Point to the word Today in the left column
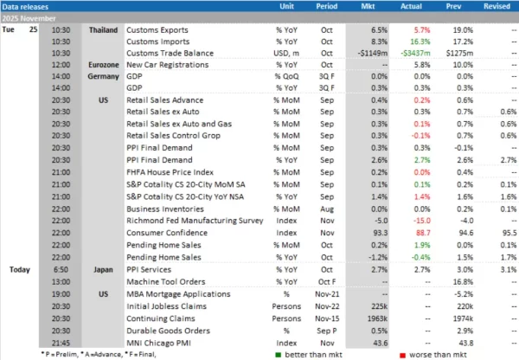16,269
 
